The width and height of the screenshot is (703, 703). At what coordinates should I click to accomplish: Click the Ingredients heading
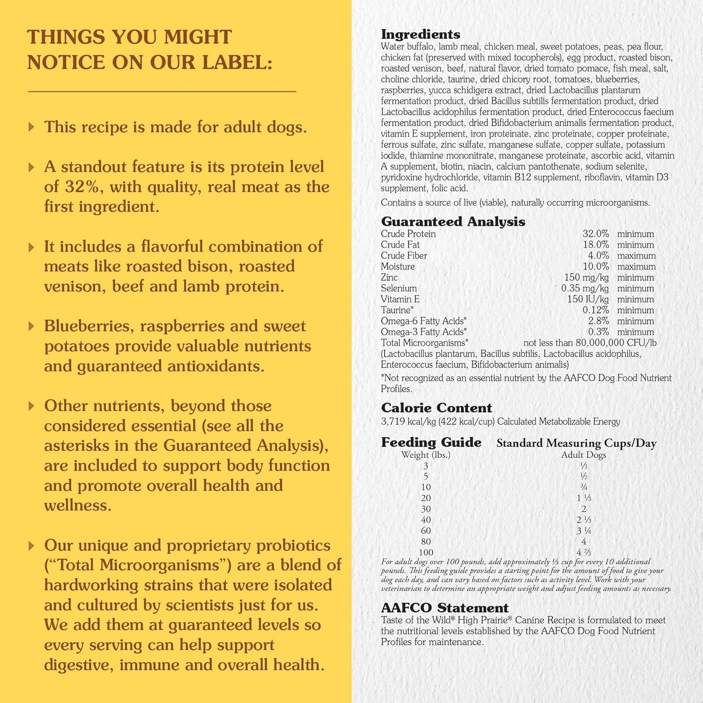(x=420, y=35)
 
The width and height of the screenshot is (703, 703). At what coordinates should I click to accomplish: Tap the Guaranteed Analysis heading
(x=453, y=222)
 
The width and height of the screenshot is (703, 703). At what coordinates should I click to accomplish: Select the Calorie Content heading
(x=436, y=408)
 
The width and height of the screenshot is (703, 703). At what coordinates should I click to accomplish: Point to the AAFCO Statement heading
(x=445, y=608)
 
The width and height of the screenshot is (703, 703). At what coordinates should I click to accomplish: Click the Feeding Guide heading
(x=431, y=442)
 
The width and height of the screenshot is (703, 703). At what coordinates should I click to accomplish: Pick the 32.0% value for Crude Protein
(x=595, y=234)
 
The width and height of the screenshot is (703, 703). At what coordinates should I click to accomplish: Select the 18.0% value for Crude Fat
(x=595, y=245)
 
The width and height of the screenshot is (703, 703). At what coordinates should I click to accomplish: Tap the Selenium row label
(x=398, y=288)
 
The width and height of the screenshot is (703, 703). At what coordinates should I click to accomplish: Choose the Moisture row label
(x=397, y=267)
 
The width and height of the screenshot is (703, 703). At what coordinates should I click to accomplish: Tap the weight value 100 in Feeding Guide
(x=426, y=553)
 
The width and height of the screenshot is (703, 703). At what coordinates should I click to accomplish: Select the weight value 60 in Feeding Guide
(x=426, y=531)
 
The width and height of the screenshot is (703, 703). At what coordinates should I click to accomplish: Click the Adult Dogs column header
(x=583, y=455)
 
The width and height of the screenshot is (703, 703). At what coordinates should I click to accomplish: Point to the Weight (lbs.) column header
(x=426, y=455)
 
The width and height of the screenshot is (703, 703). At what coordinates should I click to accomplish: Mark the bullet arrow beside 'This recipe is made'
(x=32, y=127)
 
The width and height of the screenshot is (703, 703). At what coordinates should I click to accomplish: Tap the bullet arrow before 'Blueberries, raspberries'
(x=32, y=326)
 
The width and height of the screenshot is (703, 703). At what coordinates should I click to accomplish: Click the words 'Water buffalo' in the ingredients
(x=407, y=47)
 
